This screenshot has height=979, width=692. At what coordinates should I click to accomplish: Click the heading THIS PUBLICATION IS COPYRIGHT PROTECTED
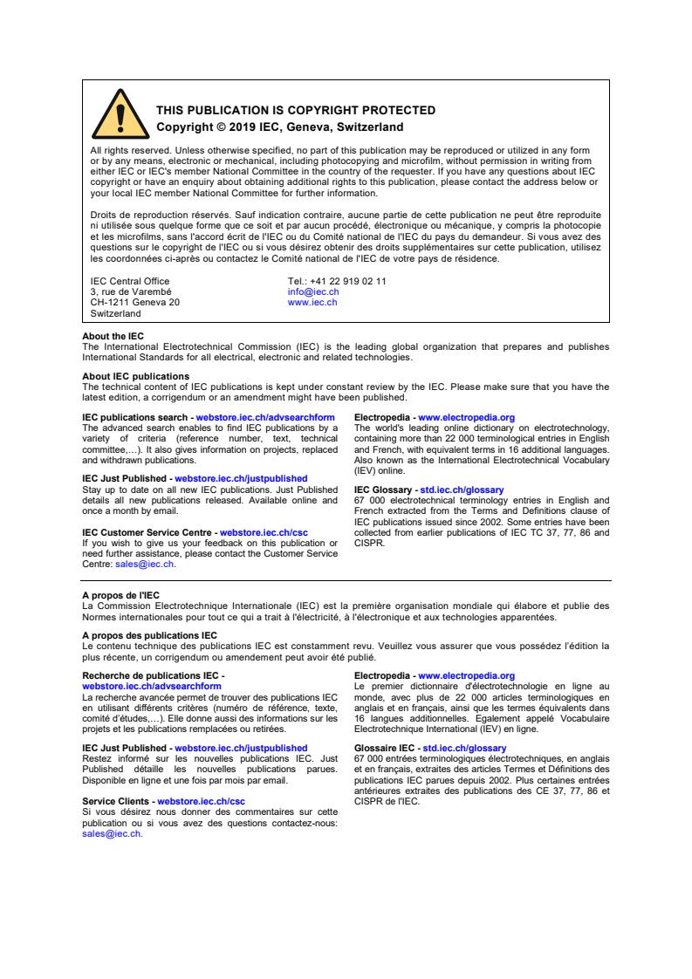[295, 111]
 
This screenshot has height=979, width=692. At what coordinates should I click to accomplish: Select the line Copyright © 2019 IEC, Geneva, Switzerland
[279, 127]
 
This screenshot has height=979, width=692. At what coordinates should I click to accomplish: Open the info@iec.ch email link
[313, 291]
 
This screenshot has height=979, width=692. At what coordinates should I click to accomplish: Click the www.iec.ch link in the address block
[312, 302]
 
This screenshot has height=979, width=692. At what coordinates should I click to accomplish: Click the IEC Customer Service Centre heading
[149, 532]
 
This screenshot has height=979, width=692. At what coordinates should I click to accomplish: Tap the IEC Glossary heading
[385, 490]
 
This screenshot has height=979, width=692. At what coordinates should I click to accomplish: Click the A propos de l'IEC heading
[120, 595]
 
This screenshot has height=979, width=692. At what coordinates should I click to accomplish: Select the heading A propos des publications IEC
[149, 634]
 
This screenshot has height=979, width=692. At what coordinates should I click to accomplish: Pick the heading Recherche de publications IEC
[152, 675]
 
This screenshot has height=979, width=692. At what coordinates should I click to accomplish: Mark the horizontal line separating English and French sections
[346, 580]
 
